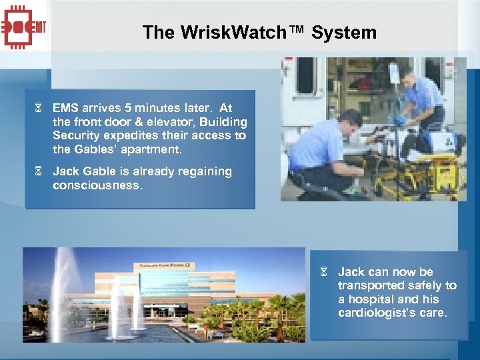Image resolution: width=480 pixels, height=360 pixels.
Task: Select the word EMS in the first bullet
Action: pos(65,108)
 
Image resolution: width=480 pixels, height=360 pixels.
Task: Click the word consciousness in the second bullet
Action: pos(97,185)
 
